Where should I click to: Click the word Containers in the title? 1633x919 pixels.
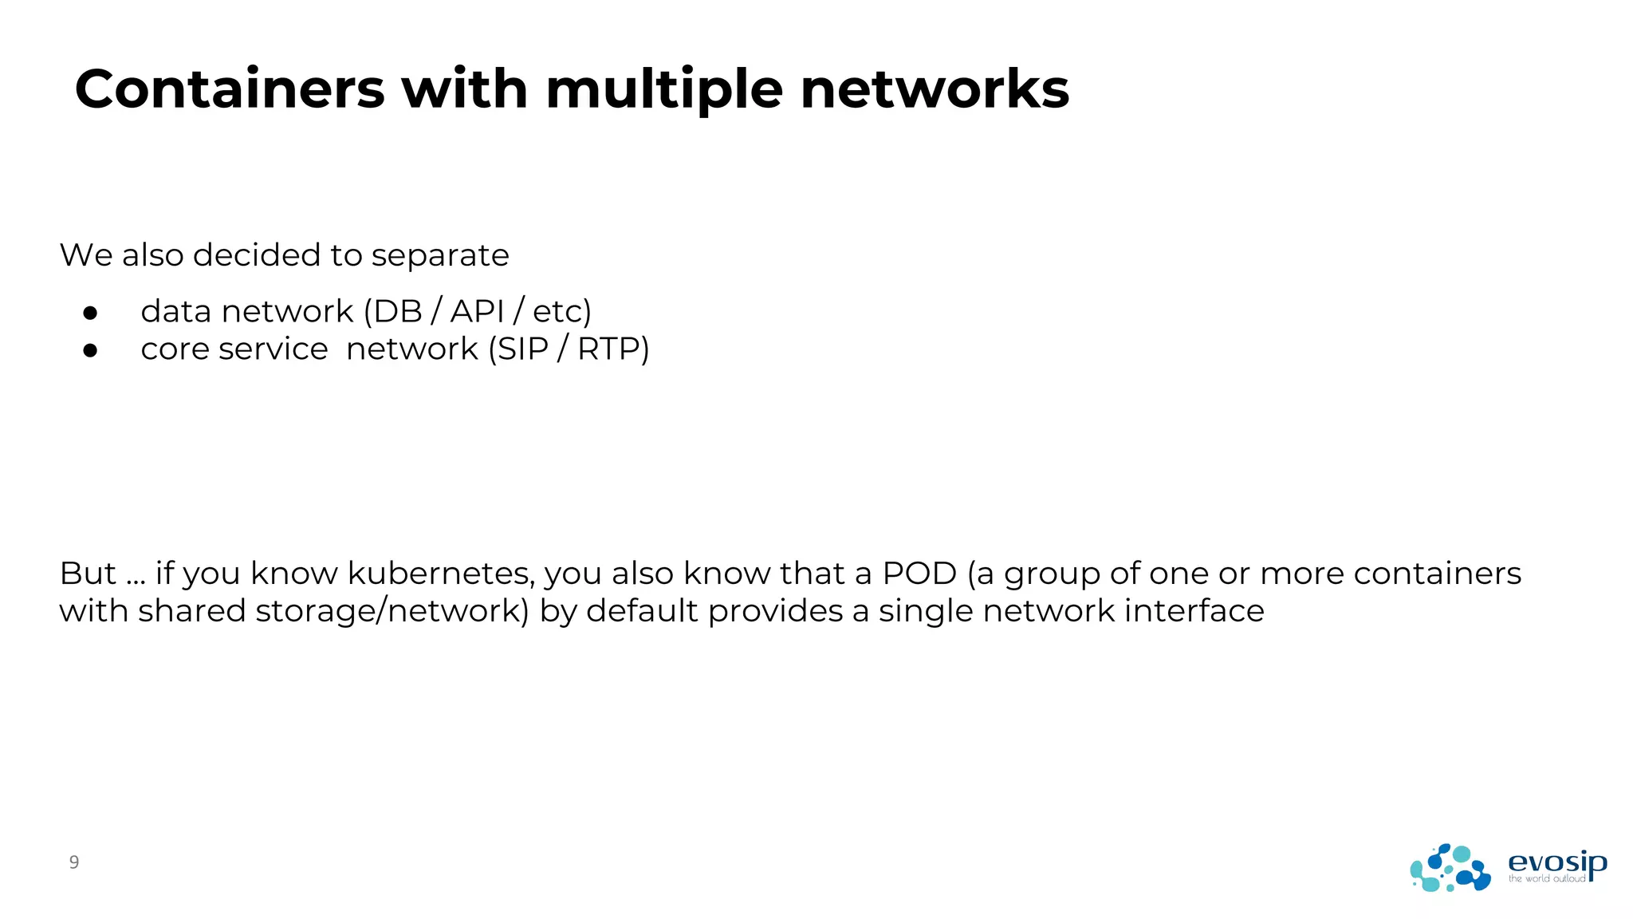coord(230,89)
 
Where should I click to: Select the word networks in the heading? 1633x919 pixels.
coord(935,89)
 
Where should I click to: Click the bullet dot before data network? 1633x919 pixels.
coord(90,313)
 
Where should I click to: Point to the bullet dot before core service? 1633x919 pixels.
coord(90,350)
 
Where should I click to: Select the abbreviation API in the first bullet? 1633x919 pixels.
coord(477,311)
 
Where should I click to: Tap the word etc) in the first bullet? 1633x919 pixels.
coord(562,311)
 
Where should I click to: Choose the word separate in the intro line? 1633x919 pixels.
coord(440,255)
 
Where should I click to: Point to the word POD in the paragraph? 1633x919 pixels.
coord(919,574)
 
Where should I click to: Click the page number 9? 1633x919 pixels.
coord(74,862)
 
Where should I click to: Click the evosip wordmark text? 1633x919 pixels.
coord(1556,862)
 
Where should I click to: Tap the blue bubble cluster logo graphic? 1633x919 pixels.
coord(1450,868)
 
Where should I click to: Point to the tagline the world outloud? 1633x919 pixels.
coord(1546,879)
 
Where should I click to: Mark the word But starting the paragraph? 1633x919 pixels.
coord(88,574)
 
